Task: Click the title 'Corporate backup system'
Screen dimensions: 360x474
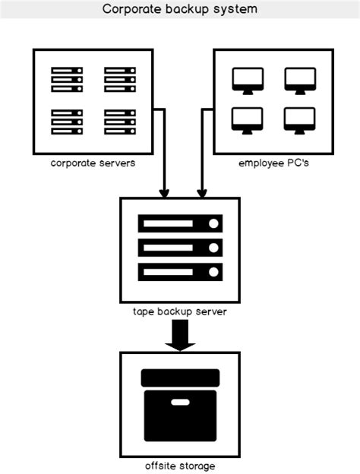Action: [x=180, y=9]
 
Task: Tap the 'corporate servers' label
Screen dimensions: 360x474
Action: [x=93, y=163]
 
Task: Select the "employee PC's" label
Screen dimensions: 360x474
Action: [x=273, y=163]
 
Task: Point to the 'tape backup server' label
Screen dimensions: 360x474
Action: [x=180, y=311]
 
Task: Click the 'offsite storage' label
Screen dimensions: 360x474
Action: [x=180, y=466]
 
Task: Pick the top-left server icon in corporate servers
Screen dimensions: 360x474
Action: [x=67, y=80]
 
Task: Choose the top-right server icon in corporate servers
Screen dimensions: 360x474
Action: [x=120, y=80]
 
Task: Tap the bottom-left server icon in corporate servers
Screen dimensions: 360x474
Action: [x=67, y=122]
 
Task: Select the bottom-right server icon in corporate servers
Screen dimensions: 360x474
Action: [x=120, y=122]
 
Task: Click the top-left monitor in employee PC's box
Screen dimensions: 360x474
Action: [x=248, y=81]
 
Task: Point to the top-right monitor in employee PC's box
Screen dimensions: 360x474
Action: [x=300, y=81]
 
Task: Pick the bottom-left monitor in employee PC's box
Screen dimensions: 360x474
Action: [x=248, y=121]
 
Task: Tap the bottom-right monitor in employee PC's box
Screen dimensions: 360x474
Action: [x=299, y=121]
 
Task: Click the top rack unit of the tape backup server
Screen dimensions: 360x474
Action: [x=180, y=223]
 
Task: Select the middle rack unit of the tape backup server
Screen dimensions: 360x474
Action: [x=180, y=248]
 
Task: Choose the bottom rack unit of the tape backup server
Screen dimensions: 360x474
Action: [x=180, y=272]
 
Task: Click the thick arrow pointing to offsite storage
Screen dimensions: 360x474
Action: [x=180, y=335]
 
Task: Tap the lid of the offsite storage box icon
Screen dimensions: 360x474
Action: [x=180, y=378]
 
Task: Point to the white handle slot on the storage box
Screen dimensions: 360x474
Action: [x=180, y=402]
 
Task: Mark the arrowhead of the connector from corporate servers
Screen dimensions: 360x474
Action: [x=164, y=194]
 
